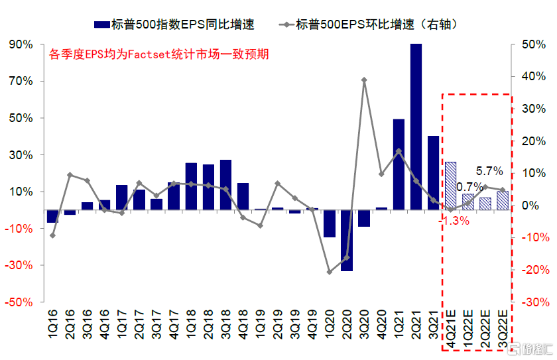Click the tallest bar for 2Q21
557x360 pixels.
coord(416,126)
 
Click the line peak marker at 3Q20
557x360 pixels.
coord(364,80)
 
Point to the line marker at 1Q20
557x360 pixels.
coord(330,272)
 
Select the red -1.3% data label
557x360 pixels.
coord(454,221)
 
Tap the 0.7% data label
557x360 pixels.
coord(469,188)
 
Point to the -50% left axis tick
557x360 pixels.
coord(20,302)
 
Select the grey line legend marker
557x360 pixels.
coord(286,25)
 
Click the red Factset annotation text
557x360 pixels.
coord(159,54)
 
